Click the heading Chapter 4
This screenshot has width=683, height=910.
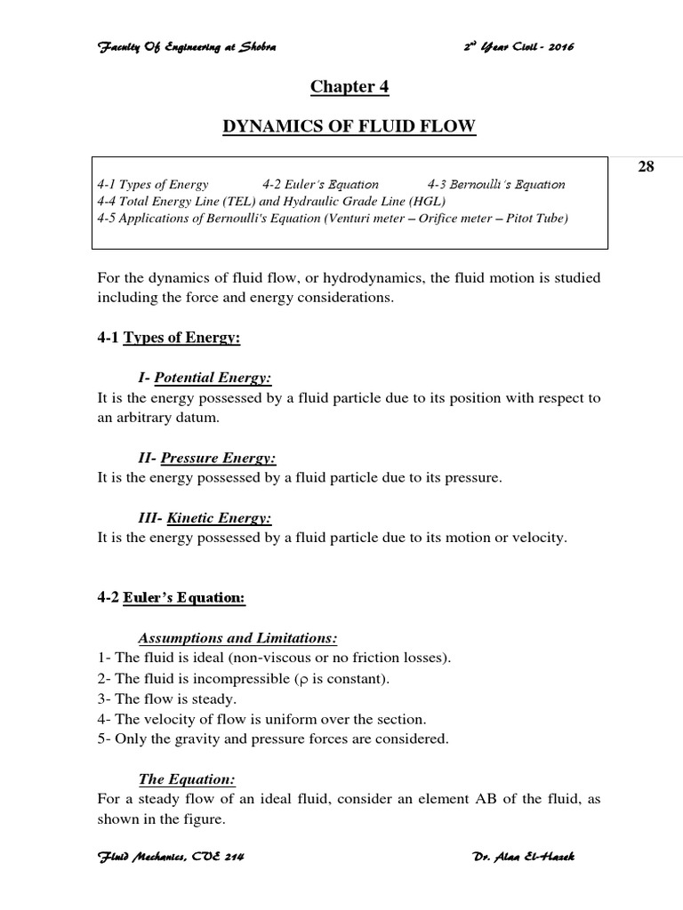click(x=350, y=87)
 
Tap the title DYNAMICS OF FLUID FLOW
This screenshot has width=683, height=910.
click(x=349, y=129)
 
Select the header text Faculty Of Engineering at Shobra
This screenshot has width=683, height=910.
click(x=187, y=46)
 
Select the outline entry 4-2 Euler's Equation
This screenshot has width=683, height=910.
click(x=320, y=185)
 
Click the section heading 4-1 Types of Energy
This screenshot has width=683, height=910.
click(x=169, y=338)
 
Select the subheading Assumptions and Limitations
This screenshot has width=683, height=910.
click(x=238, y=638)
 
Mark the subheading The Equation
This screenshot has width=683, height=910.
click(x=187, y=778)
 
